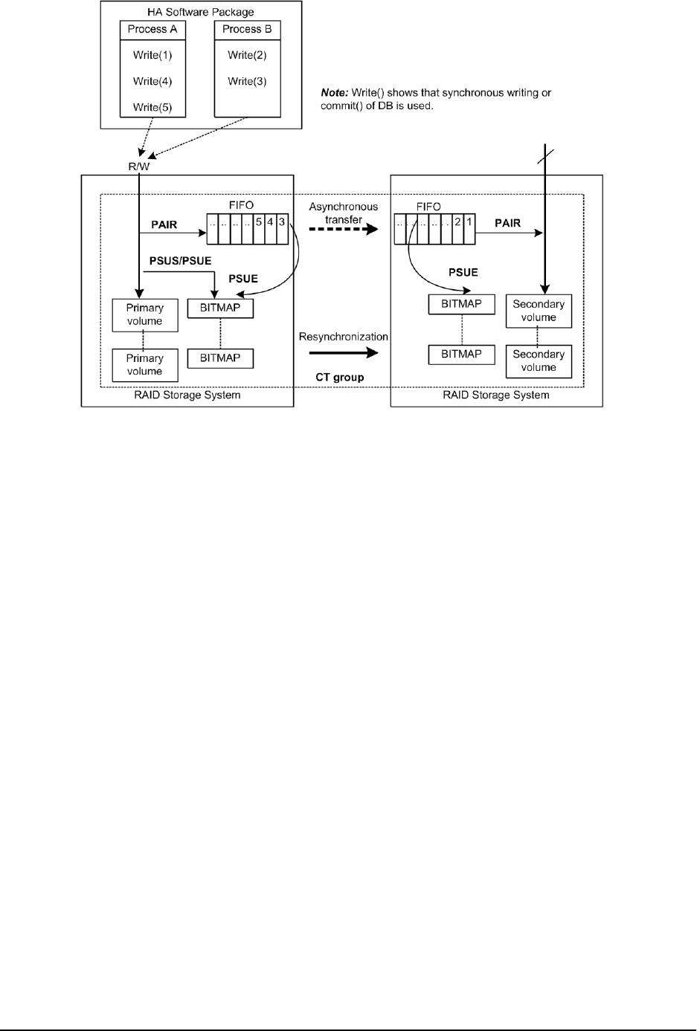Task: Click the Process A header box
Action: click(152, 29)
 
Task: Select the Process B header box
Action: click(247, 29)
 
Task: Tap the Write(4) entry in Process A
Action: click(152, 81)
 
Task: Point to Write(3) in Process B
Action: click(247, 81)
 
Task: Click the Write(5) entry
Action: click(152, 107)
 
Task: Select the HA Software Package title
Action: click(201, 12)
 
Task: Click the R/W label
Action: click(138, 167)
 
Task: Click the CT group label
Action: click(339, 377)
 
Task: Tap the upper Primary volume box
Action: click(144, 314)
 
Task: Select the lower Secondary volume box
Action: click(539, 361)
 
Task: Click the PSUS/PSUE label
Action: click(180, 261)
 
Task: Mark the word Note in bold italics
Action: click(334, 93)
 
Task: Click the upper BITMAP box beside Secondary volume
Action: click(461, 304)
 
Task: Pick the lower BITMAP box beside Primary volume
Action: click(220, 358)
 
